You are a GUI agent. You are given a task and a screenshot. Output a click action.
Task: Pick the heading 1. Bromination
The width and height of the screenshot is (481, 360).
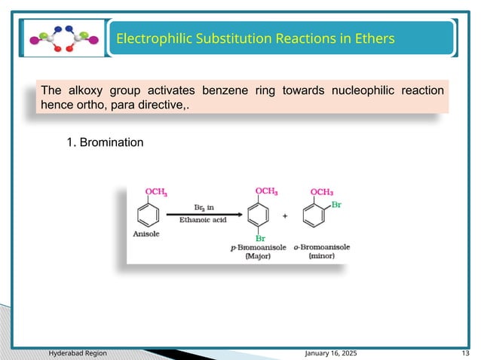tap(105, 142)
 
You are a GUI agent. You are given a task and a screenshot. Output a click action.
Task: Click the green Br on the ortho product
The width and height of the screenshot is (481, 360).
tap(337, 203)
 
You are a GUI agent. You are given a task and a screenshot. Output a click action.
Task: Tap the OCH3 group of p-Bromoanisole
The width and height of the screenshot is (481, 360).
tap(266, 191)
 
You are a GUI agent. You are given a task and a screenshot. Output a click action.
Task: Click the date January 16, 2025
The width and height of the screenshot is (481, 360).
tap(331, 352)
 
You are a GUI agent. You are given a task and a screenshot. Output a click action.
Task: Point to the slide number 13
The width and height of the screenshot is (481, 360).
tap(465, 352)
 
